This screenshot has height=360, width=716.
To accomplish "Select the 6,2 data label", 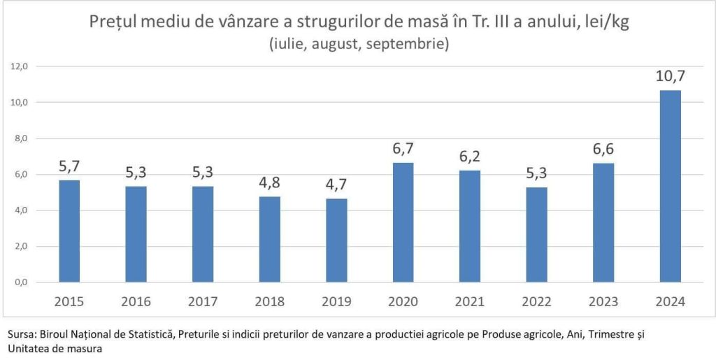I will [468, 156].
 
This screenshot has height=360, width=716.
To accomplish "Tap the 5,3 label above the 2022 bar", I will [536, 173].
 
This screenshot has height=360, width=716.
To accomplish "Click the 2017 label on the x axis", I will [203, 302].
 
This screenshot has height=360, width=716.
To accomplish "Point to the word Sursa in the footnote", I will [22, 335].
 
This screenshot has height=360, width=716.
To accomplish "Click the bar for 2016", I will [136, 234].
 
